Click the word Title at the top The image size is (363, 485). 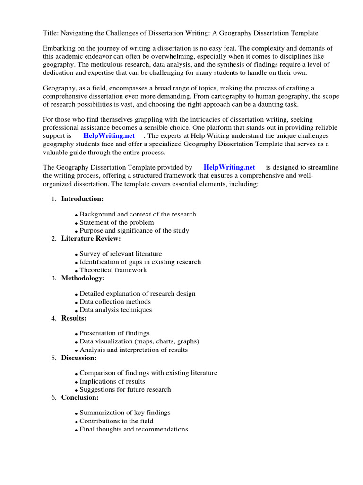point(51,33)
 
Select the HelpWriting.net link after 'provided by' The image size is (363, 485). point(229,167)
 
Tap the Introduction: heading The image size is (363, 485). point(82,198)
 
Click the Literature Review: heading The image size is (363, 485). point(91,238)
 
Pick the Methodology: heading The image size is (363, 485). point(83,278)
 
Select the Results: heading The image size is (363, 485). point(74,318)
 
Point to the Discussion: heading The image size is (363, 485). point(79,358)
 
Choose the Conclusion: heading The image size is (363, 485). point(80,397)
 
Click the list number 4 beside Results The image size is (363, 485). point(53,318)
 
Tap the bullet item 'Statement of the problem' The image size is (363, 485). point(116,222)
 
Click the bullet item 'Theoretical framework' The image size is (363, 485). point(113,270)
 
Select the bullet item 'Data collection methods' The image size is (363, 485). point(115,302)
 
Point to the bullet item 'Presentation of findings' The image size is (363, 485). point(114,333)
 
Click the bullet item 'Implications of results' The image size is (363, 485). point(112,381)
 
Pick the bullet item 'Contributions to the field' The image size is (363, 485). point(116,421)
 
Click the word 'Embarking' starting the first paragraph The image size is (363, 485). point(59,48)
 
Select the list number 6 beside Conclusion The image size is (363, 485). point(53,398)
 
